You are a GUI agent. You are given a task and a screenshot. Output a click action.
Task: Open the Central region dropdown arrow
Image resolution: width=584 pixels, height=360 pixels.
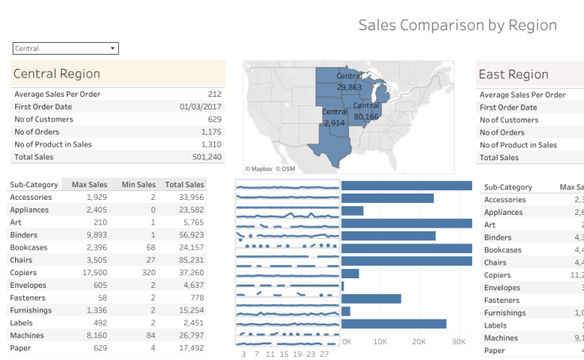click(113, 48)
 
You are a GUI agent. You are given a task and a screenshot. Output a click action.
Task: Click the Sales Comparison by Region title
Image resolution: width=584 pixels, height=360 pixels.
click(457, 25)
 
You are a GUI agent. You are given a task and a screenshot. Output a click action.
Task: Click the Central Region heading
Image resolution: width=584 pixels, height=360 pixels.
click(56, 74)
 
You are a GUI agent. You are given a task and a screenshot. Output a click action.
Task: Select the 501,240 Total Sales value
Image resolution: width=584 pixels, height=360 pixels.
click(206, 157)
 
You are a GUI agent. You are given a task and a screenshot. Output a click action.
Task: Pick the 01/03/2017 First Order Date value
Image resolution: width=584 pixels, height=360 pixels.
click(201, 106)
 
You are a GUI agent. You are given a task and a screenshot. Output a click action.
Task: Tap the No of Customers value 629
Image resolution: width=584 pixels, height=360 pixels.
click(214, 119)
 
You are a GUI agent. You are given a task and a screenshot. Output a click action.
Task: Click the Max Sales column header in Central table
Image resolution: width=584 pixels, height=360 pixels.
click(89, 185)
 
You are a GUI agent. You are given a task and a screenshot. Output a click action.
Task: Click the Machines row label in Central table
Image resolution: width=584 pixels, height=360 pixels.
click(27, 335)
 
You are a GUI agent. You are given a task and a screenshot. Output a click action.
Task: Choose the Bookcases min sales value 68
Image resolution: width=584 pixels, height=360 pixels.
click(150, 247)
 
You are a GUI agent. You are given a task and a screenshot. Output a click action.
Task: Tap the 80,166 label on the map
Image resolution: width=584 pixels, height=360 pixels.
click(367, 116)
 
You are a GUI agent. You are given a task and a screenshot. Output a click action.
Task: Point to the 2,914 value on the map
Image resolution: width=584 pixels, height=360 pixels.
click(334, 123)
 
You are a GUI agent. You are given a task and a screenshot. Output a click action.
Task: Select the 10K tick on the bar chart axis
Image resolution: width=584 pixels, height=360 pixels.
click(380, 342)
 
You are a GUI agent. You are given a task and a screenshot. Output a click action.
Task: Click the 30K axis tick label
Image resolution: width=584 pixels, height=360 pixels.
click(458, 342)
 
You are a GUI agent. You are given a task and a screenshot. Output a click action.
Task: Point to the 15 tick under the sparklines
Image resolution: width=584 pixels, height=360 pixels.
click(284, 354)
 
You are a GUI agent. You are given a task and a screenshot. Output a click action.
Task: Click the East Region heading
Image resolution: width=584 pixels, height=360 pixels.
click(513, 75)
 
